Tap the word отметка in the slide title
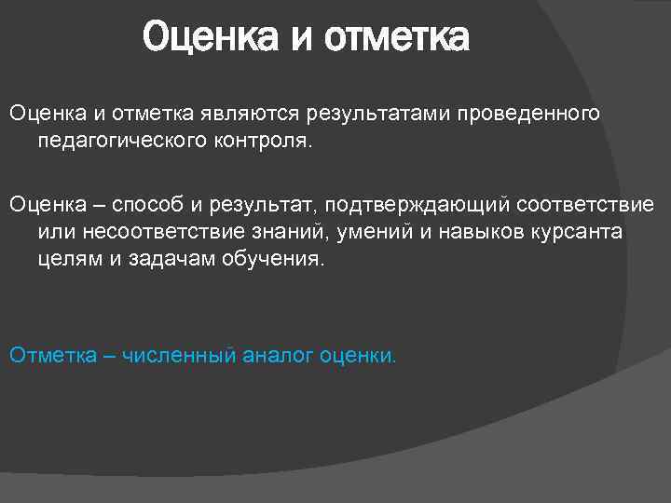tap(398, 40)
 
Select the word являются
tap(244, 114)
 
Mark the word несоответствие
tap(147, 231)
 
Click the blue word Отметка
tap(49, 355)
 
